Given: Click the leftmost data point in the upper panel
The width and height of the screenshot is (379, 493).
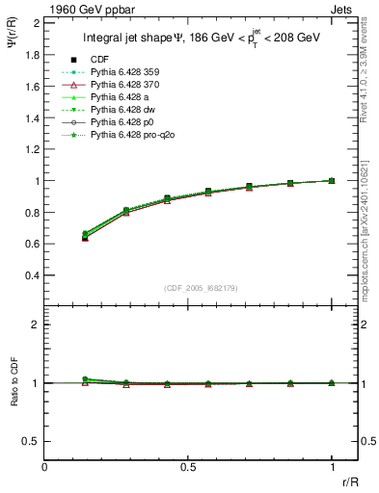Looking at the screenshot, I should tap(86, 236).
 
